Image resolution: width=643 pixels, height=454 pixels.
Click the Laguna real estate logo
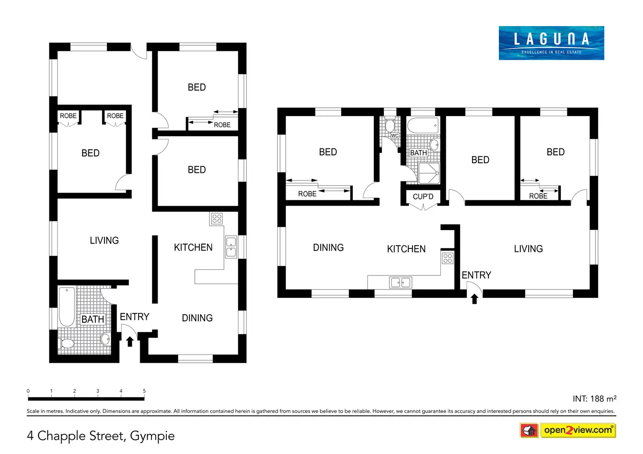point(551,43)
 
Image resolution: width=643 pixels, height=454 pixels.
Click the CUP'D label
point(423,196)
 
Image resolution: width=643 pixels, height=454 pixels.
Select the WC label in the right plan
point(394,136)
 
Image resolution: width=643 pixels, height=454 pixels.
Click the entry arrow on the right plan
point(474,299)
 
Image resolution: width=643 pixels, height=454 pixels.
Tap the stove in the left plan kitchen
point(217,218)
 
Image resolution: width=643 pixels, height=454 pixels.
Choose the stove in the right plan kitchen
point(448,258)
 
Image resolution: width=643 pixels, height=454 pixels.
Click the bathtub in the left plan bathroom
point(66,306)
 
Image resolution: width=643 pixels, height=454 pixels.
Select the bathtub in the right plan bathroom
point(423,125)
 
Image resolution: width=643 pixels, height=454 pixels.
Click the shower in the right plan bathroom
point(429,173)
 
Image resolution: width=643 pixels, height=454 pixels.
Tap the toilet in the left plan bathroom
point(67,343)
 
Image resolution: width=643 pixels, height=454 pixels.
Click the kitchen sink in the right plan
point(400,283)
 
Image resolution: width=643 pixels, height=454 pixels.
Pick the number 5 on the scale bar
point(144,391)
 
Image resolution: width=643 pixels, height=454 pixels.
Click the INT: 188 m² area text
point(594,399)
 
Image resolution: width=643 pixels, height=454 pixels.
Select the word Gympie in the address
point(152,436)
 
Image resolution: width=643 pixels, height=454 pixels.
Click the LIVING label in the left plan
point(104,241)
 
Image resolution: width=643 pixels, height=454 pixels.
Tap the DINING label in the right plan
point(328,248)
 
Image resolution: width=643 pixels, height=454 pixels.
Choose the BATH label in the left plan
point(93,319)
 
